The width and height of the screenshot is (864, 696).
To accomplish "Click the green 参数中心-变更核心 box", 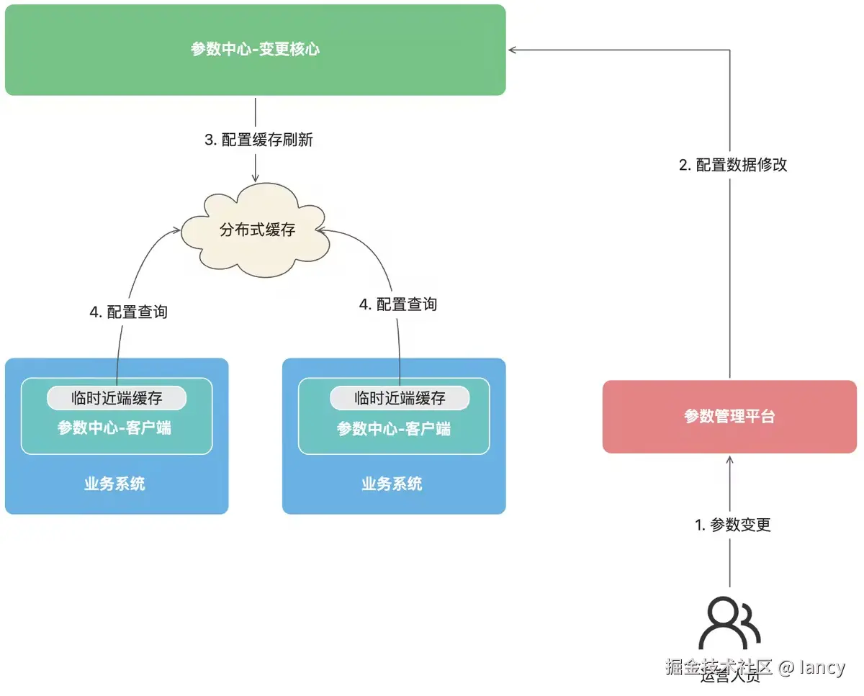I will [x=255, y=50].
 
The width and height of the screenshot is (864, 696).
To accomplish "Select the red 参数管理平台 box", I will [x=729, y=417].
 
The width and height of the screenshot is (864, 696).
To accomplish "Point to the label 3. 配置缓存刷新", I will [x=258, y=140].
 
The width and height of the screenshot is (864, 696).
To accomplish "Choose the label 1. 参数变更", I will [x=733, y=525].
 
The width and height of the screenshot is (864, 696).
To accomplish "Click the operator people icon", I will [x=729, y=624].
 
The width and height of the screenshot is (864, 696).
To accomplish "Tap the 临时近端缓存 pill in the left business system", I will [x=117, y=398].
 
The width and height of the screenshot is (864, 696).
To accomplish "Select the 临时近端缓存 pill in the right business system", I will [x=400, y=398].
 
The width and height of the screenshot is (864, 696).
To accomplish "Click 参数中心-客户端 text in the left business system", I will [x=115, y=428].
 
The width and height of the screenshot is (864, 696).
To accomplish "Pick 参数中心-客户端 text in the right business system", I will [x=394, y=429].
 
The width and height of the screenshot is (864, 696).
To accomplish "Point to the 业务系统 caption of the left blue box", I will [x=115, y=484].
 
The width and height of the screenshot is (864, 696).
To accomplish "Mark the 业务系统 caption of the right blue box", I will [x=392, y=484].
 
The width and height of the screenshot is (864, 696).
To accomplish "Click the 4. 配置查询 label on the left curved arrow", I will [x=128, y=312].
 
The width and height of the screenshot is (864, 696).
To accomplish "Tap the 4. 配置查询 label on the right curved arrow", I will [x=398, y=304].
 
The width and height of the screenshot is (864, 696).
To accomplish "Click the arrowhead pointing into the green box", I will [x=513, y=50].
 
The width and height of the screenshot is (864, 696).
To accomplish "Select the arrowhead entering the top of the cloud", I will [x=256, y=177].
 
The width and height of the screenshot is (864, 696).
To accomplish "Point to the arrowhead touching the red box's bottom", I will [x=730, y=458].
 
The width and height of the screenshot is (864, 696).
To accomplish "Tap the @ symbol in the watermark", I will [x=786, y=667].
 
